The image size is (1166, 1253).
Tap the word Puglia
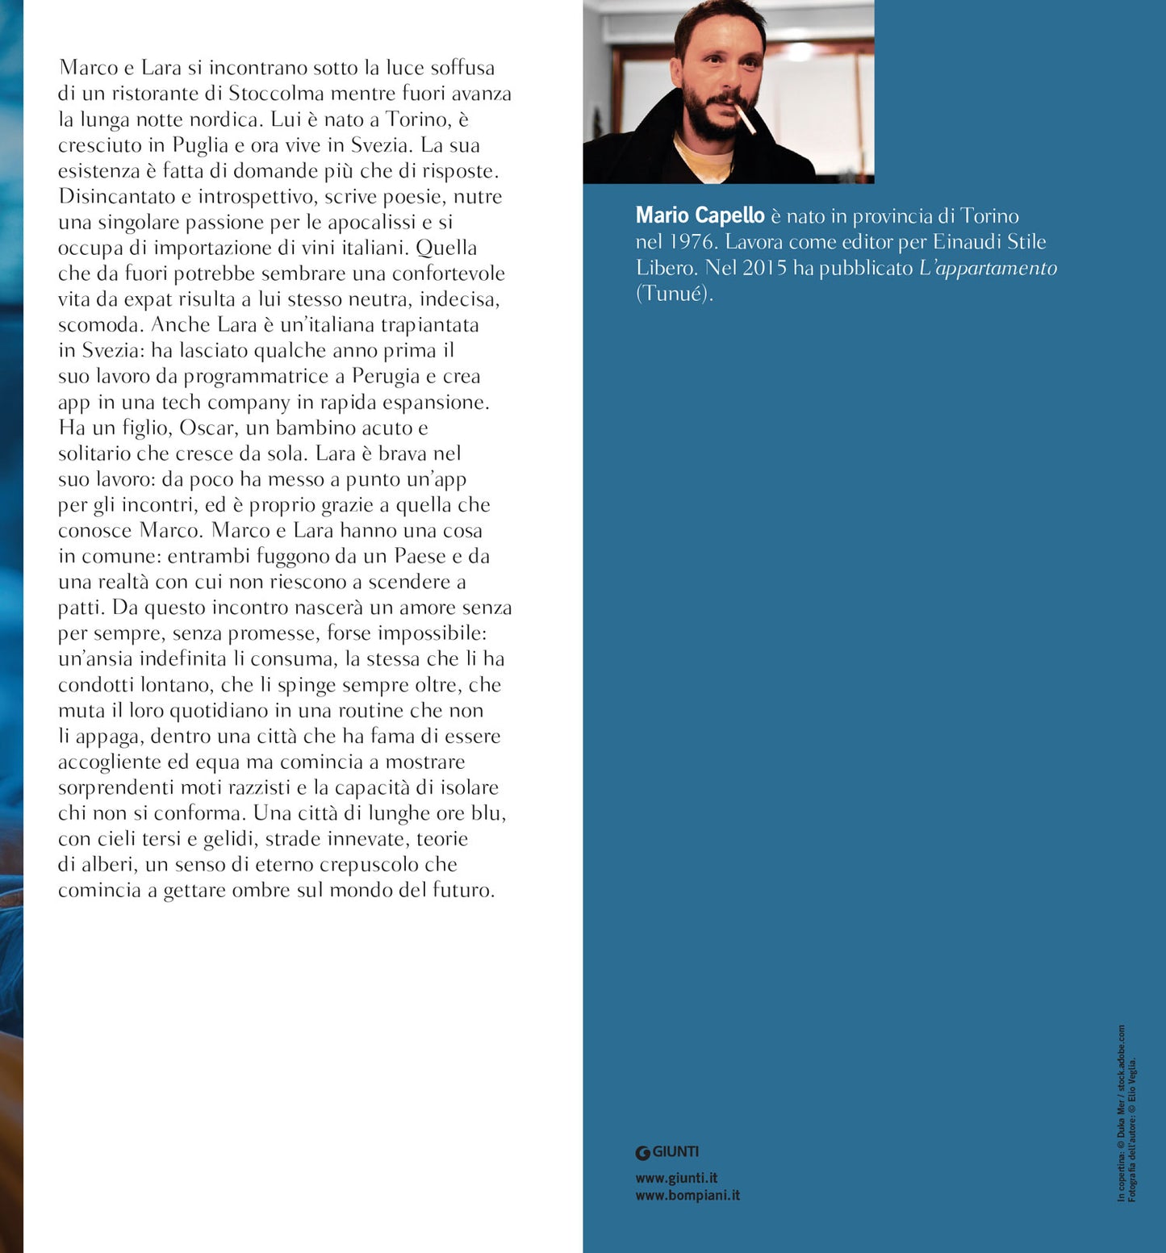(201, 145)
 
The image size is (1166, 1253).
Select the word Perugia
(386, 376)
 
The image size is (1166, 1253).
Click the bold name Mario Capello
(700, 215)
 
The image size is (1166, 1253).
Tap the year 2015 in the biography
(764, 268)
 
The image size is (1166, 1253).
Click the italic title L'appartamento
(988, 268)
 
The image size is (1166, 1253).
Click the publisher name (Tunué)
(675, 294)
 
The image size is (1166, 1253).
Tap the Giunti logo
(667, 1152)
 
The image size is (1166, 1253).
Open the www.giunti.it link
(676, 1178)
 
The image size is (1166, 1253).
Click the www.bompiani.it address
(687, 1195)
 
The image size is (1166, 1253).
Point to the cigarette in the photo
(746, 119)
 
